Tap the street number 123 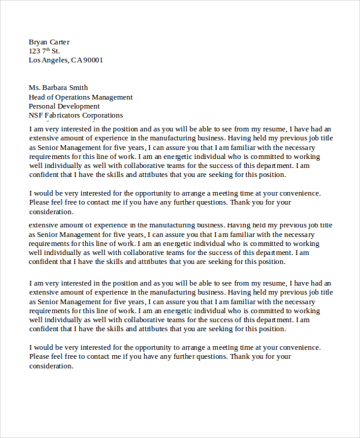[35, 51]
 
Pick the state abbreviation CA [77, 60]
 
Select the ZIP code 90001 [94, 60]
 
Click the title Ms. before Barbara [34, 88]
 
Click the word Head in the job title [37, 97]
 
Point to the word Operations [75, 97]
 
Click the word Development [80, 106]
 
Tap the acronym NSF [36, 115]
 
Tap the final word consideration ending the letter [51, 366]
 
